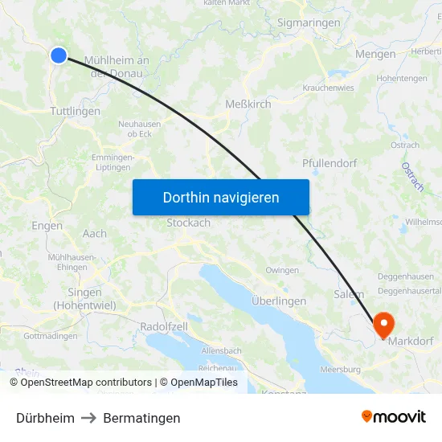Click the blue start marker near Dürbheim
coord(59,55)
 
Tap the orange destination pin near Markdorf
coord(384,324)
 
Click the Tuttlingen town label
coord(75,112)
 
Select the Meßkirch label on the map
coord(248,104)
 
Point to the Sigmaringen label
coord(309,23)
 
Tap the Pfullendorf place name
coord(329,163)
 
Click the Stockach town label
coord(188,223)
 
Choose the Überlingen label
coord(279,301)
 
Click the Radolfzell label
coord(164,327)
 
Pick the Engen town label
coord(47,226)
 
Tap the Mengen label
coord(375,54)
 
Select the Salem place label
coord(349,295)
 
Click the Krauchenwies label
coord(328,88)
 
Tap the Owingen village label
coord(282,271)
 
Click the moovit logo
coord(394,417)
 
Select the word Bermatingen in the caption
coord(141,418)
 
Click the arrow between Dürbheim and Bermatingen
coord(88,418)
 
